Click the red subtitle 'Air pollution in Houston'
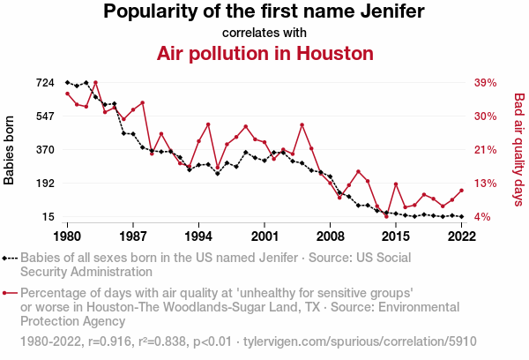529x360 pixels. pos(264,53)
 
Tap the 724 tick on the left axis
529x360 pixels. pos(45,83)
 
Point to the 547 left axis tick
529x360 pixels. pos(45,116)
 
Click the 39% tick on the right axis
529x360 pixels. pos(486,83)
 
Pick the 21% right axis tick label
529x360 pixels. pos(486,150)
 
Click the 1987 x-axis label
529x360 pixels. pos(133,236)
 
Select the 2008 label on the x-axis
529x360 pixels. pos(331,236)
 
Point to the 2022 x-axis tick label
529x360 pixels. pos(461,236)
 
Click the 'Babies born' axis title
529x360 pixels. pos(10,150)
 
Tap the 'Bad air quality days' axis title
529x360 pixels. pos(518,150)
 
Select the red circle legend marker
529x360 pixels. pos(6,293)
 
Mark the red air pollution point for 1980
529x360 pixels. pos(68,94)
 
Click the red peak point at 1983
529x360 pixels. pos(95,83)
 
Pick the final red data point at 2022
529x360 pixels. pos(461,191)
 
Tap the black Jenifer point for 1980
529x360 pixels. pos(68,82)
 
